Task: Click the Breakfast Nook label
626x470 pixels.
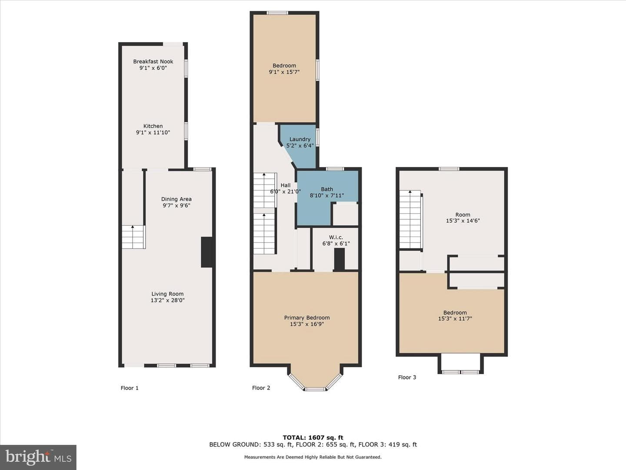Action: (153, 61)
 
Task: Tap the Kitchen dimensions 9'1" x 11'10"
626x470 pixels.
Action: (153, 132)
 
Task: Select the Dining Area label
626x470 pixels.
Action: (176, 199)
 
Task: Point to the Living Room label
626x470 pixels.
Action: (167, 294)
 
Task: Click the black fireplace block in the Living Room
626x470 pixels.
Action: (207, 252)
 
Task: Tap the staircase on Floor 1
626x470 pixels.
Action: (134, 237)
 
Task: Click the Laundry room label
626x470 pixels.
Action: (300, 139)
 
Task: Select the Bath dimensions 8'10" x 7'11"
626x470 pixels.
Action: (327, 195)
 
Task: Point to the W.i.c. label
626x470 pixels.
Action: (336, 237)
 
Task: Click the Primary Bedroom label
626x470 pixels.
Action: (307, 318)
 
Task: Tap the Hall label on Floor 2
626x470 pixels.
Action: (286, 185)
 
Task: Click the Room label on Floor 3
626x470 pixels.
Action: (463, 215)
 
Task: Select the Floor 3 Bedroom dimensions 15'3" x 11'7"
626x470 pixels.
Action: (455, 319)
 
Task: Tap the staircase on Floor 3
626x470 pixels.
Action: (410, 219)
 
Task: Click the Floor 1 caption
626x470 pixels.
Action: (130, 388)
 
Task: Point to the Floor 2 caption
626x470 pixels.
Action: (261, 387)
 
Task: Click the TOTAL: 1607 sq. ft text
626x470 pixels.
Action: (313, 437)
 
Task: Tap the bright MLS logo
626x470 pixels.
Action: (38, 457)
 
